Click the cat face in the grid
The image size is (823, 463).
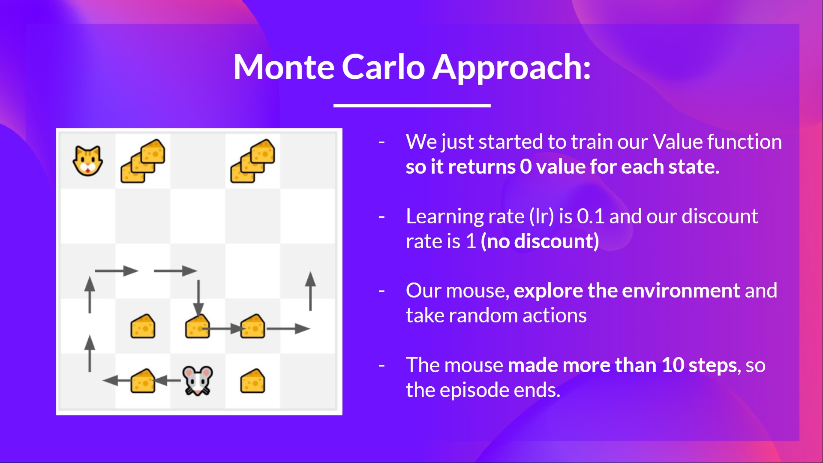[x=88, y=161]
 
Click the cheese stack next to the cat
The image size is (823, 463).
[x=143, y=161]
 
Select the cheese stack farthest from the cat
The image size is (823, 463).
[x=253, y=161]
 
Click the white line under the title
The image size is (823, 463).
[x=412, y=105]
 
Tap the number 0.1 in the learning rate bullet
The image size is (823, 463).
[x=590, y=216]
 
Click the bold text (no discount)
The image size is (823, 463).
[x=540, y=241]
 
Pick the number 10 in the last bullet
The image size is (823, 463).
[x=673, y=365]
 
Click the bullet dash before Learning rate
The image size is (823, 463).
[x=381, y=217]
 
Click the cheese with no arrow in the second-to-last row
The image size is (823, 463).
[x=143, y=327]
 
